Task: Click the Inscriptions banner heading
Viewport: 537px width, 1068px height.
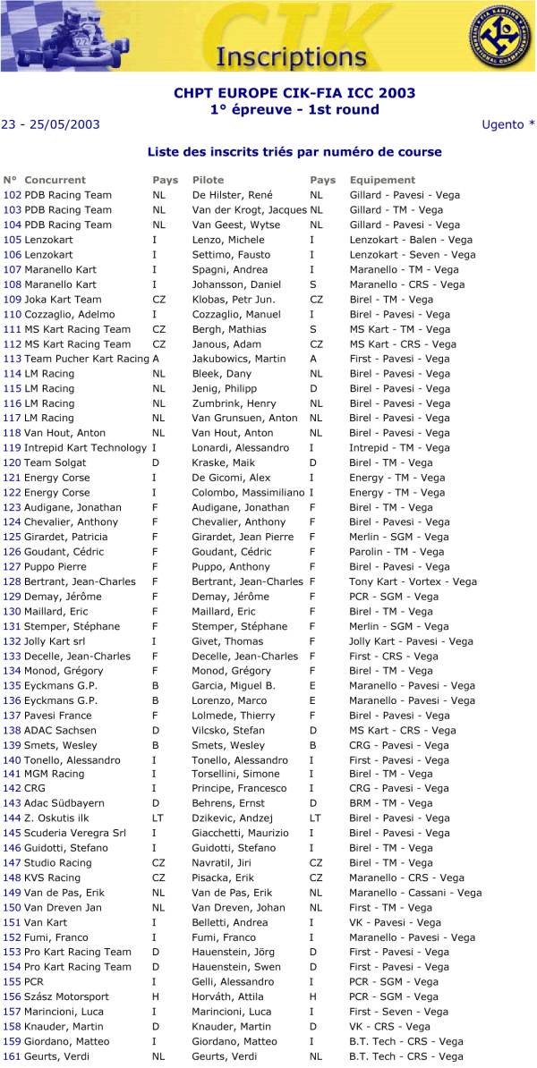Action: click(x=278, y=56)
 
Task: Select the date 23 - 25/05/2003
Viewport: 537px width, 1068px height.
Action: click(x=50, y=124)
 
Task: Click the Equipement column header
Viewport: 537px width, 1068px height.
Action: click(x=382, y=180)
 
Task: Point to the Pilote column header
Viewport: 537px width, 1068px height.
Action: click(x=208, y=180)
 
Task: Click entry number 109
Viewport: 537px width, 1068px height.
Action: click(x=12, y=300)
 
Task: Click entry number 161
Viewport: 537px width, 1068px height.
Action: click(x=12, y=1056)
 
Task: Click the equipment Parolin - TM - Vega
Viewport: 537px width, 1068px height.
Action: click(x=396, y=552)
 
